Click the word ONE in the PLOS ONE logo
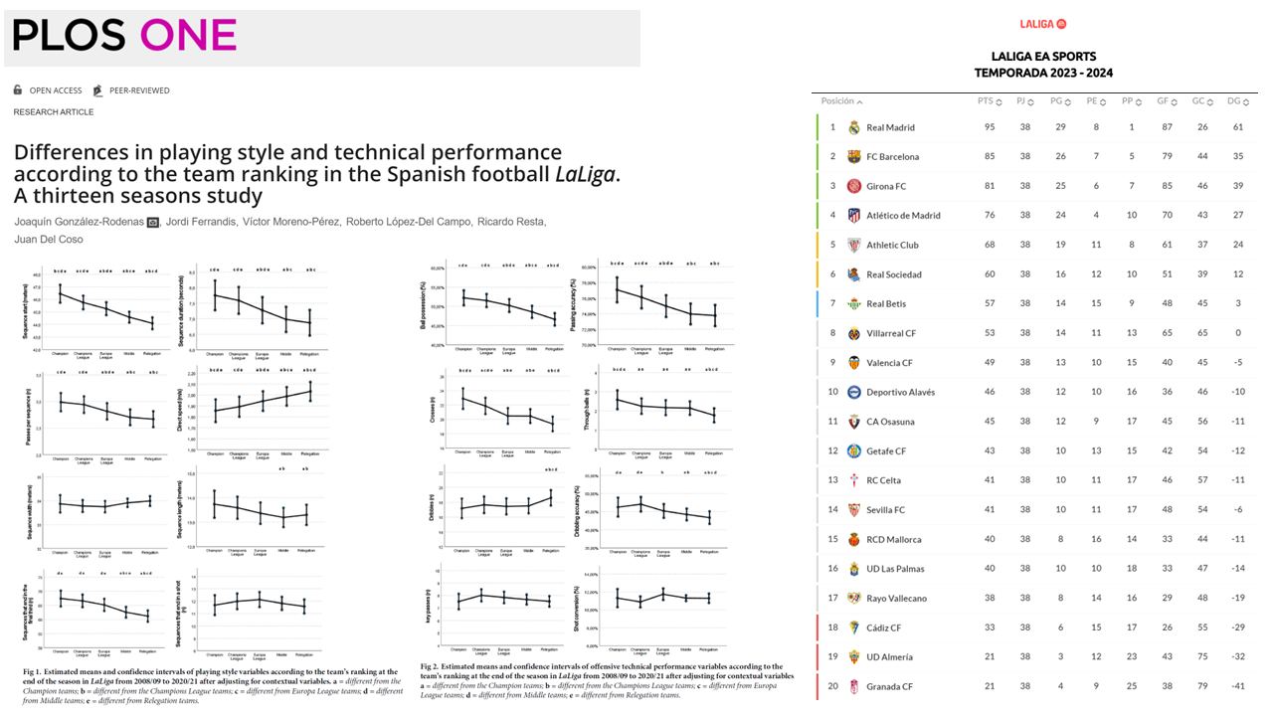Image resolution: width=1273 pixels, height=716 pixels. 188,36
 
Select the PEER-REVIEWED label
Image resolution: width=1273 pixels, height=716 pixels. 139,90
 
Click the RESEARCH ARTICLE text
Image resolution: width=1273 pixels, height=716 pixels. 54,112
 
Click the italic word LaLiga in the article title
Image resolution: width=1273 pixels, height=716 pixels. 584,174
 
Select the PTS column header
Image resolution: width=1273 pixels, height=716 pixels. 986,101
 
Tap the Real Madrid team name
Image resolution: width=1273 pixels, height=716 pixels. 890,127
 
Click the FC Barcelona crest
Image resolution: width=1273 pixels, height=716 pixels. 853,157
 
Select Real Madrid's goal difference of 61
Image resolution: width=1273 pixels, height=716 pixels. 1238,127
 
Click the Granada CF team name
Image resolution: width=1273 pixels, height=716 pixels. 889,686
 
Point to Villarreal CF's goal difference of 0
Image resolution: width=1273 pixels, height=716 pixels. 1238,333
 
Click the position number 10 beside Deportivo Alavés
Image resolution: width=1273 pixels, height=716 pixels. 833,392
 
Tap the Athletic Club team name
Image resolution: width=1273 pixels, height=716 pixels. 894,245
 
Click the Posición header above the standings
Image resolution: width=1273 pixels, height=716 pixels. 837,101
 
